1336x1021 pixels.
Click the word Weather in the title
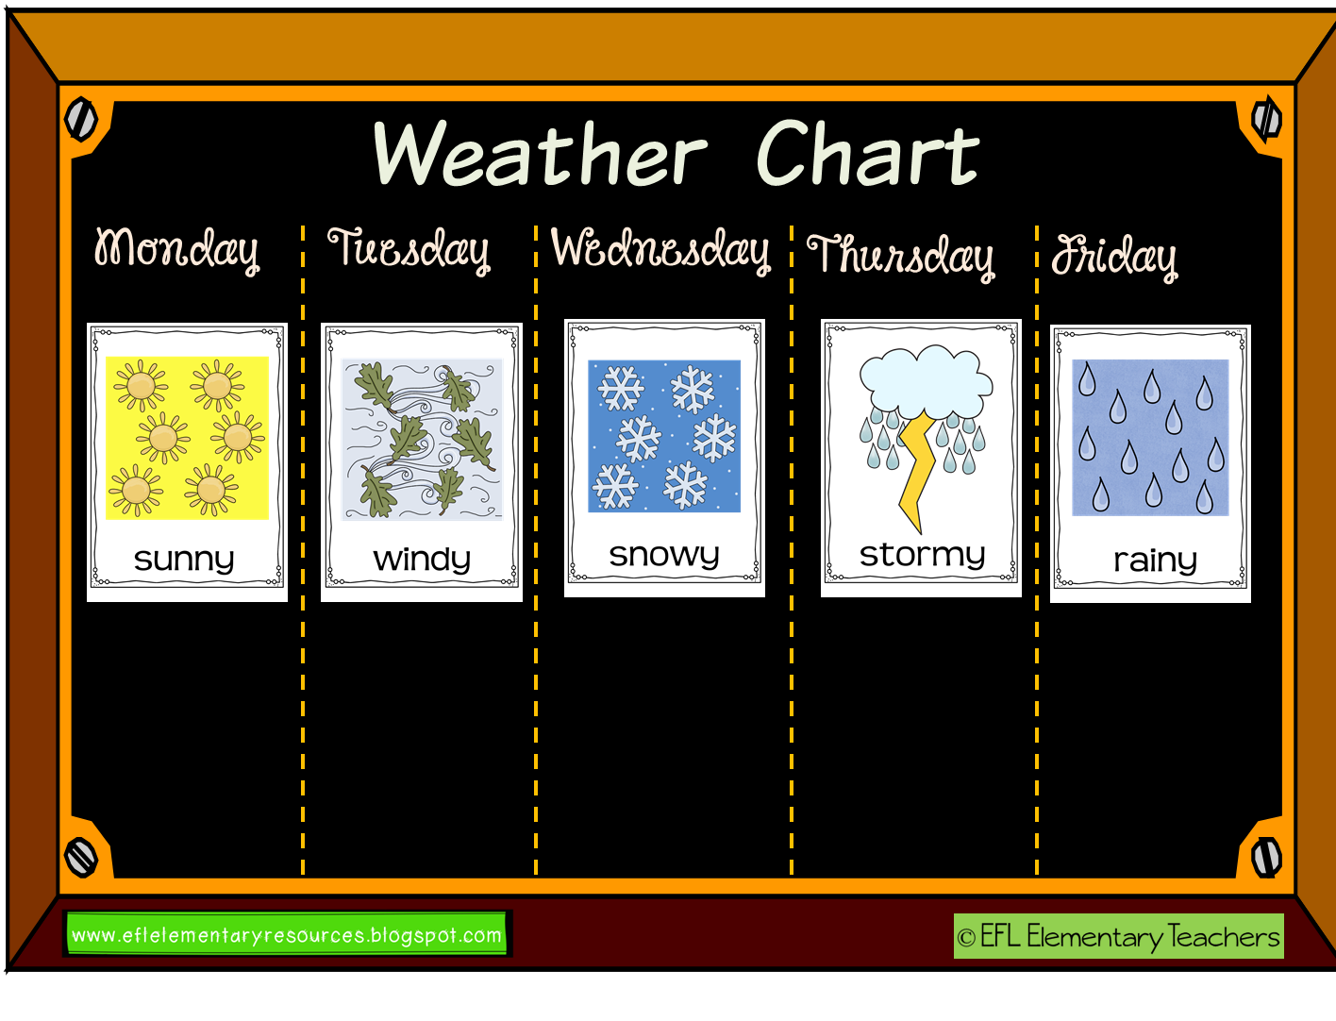click(x=540, y=154)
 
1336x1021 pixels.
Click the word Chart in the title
click(x=867, y=154)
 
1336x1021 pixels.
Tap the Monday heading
click(x=176, y=250)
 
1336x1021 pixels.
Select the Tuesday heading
click(x=409, y=250)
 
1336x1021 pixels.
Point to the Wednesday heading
click(x=660, y=250)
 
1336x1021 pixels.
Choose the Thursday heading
click(x=901, y=255)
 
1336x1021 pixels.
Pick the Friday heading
click(x=1114, y=256)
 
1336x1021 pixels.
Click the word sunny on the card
click(x=184, y=560)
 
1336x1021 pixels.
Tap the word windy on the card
click(x=422, y=560)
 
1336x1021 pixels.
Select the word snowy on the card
click(x=664, y=555)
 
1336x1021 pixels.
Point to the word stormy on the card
click(x=922, y=555)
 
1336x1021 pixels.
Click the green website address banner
click(x=287, y=935)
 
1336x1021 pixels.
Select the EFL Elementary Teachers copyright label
click(x=1118, y=936)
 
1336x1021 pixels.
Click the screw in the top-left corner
click(x=81, y=119)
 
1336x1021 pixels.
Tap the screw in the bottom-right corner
click(x=1265, y=857)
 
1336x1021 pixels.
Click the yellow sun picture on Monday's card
click(x=187, y=438)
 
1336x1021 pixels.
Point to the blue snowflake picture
click(x=664, y=436)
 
